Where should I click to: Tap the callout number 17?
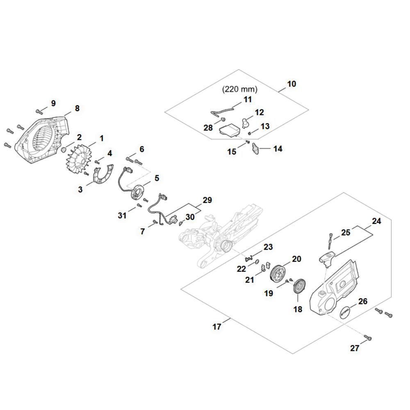click(x=217, y=327)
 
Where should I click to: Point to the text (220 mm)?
click(x=240, y=89)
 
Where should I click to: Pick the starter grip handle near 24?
click(x=328, y=259)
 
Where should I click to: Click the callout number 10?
click(x=292, y=84)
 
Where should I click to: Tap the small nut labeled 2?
click(x=64, y=150)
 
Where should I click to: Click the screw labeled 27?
click(x=368, y=337)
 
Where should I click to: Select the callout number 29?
click(x=207, y=200)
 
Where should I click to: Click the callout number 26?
click(x=363, y=301)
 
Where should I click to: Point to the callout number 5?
click(x=157, y=178)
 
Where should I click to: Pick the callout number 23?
click(x=268, y=247)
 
